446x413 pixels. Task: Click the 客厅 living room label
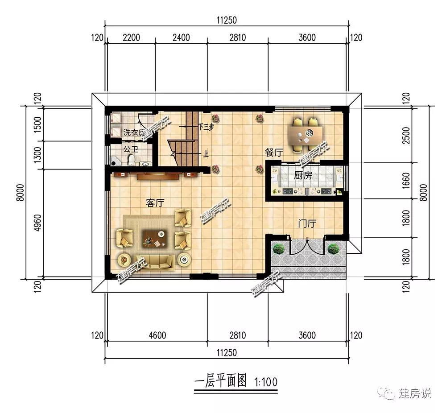pos(155,203)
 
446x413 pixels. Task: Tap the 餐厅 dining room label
pos(274,153)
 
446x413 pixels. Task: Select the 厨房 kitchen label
pos(303,176)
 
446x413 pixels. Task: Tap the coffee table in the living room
pos(155,239)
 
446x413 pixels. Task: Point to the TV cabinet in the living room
pos(158,176)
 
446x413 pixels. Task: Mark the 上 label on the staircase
pos(206,155)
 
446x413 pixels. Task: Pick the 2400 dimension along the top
pos(181,37)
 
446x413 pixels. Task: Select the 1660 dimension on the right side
pos(405,180)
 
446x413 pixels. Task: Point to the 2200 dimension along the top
pos(131,37)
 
